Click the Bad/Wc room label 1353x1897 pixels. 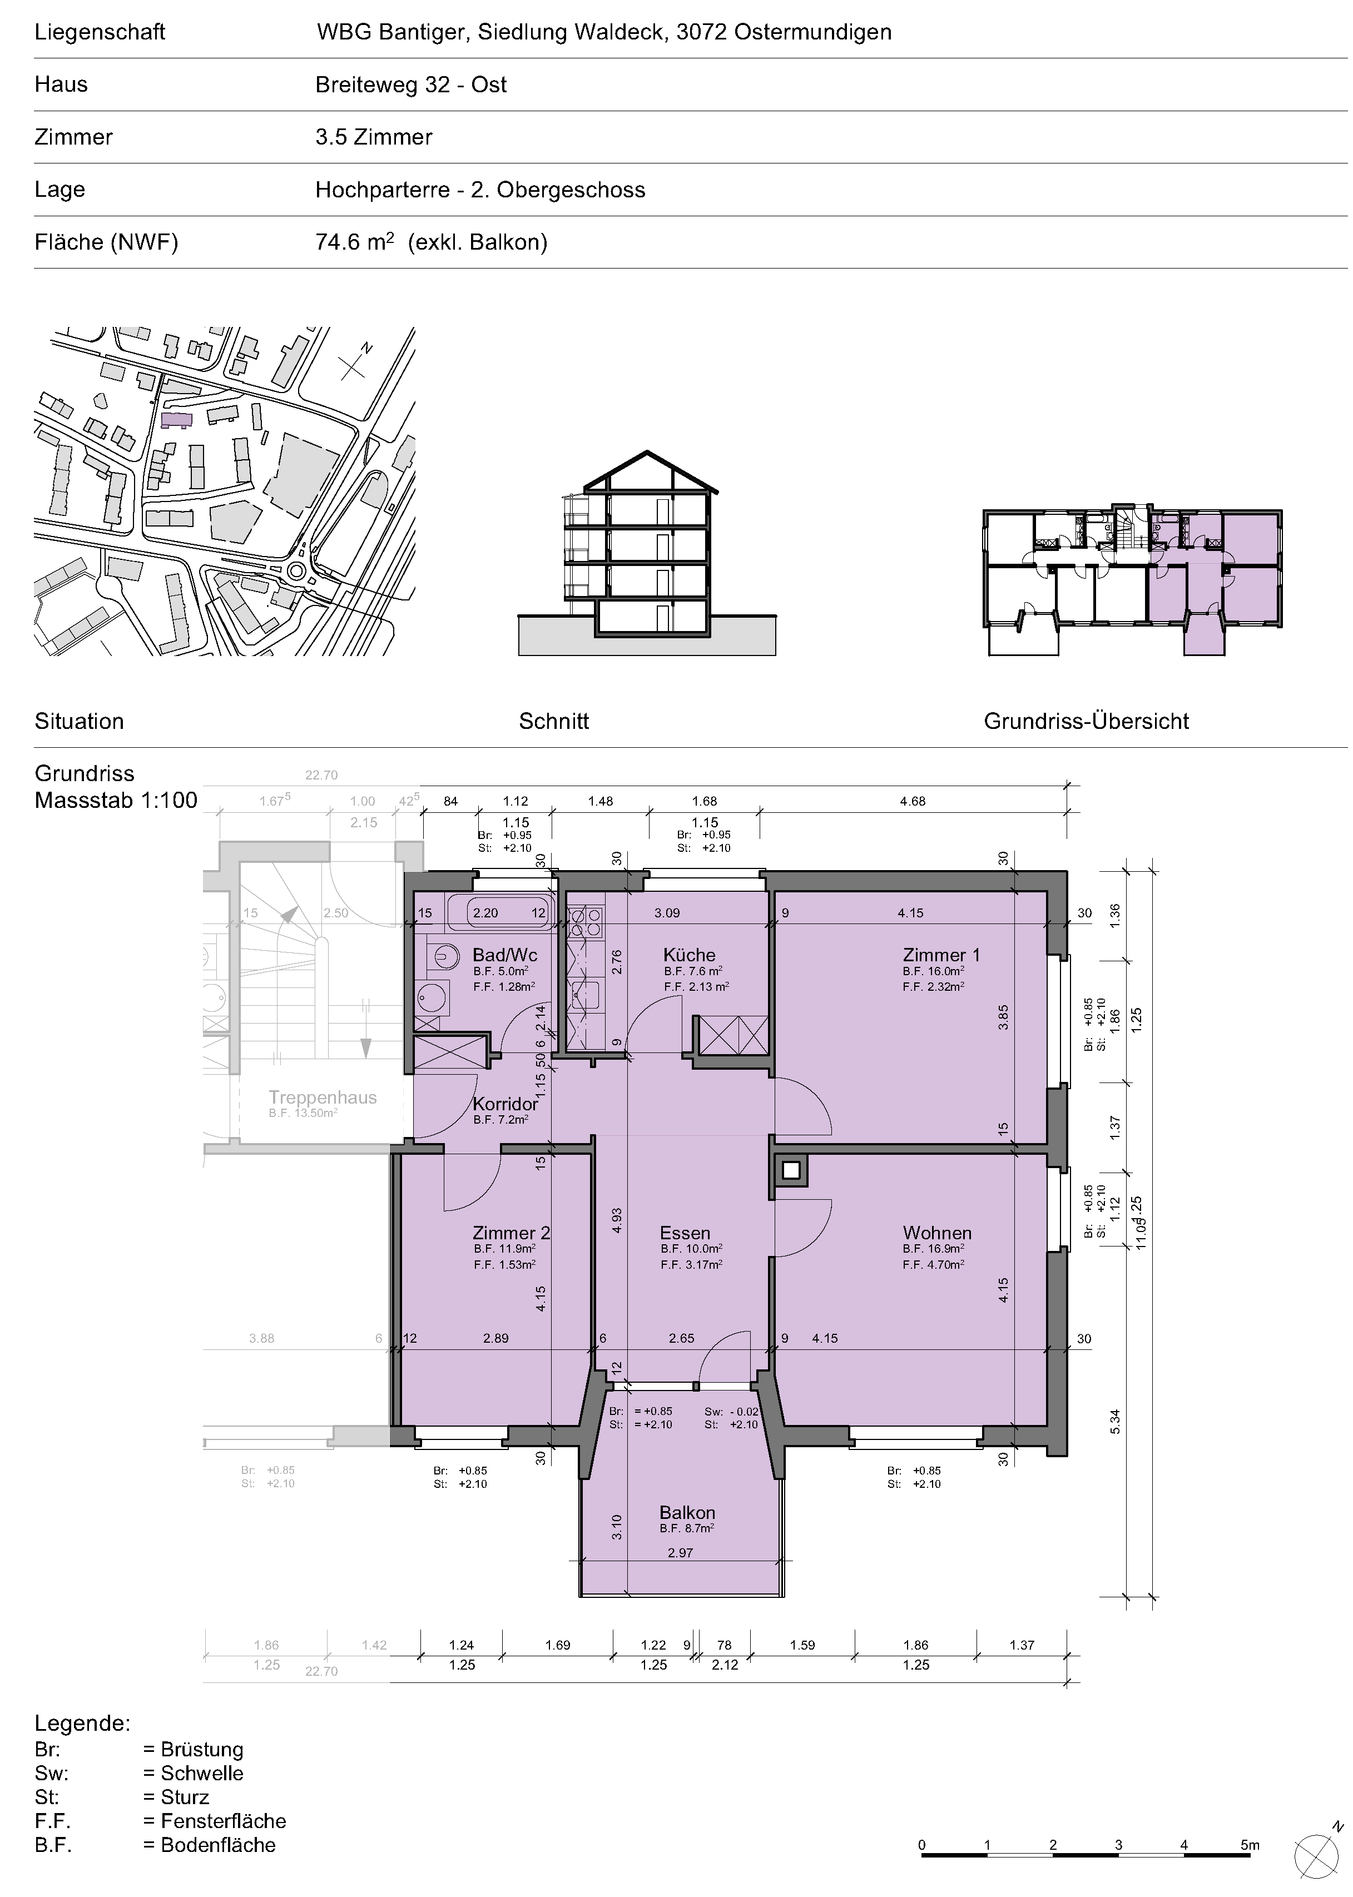tap(505, 955)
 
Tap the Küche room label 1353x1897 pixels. tap(689, 955)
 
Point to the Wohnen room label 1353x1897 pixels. tap(937, 1233)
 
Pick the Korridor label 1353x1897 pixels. tap(505, 1104)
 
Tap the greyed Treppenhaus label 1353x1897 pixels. tap(323, 1098)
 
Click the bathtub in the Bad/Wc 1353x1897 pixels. tap(498, 913)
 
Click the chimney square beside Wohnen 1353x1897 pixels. tap(791, 1171)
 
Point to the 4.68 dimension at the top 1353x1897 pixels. tap(912, 801)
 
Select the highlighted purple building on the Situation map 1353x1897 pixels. tap(176, 420)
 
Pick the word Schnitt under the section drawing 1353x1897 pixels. tap(553, 721)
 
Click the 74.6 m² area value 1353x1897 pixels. tap(355, 242)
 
